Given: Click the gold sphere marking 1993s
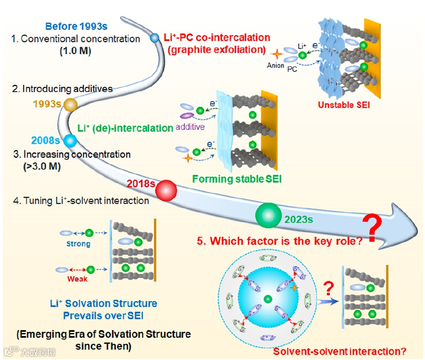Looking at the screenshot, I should [70, 105].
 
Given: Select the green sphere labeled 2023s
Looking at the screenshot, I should [268, 215].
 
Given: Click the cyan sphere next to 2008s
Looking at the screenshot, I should [70, 140].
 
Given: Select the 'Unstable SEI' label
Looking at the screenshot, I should [344, 105].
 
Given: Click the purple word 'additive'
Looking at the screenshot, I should [190, 127].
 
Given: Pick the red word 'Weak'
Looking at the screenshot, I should [77, 279].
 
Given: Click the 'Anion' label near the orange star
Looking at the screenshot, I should [276, 65].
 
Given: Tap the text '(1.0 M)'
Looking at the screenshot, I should [75, 51].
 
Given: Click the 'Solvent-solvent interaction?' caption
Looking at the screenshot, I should [340, 351].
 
